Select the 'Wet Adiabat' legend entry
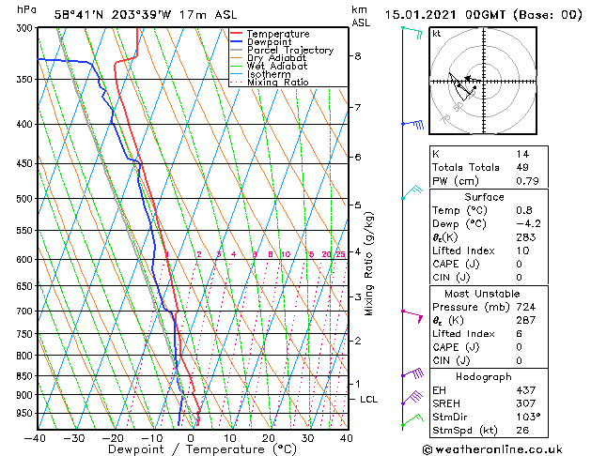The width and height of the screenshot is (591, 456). point(275,67)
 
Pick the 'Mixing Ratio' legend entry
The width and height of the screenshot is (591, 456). point(277,83)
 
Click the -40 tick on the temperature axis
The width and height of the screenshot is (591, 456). point(37,438)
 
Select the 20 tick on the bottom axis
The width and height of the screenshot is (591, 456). point(269,438)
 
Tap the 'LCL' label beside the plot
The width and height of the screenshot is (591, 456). point(369,400)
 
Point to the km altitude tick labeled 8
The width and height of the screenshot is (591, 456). point(358,56)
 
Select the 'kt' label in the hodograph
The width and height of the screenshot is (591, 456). point(436,33)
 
